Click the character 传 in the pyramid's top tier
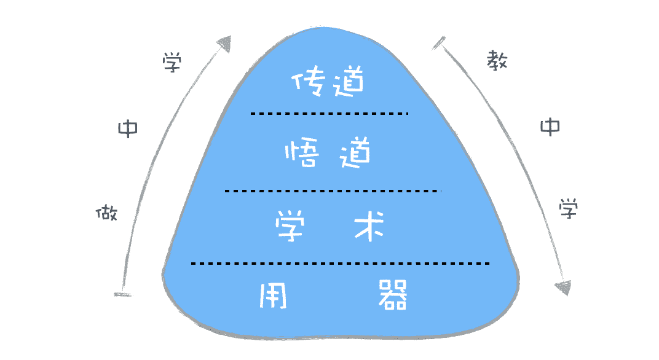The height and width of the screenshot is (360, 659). click(x=307, y=82)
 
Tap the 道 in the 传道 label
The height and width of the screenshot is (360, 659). click(x=346, y=82)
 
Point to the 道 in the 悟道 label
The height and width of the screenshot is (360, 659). click(x=355, y=153)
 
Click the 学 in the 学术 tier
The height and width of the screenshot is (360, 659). click(x=292, y=225)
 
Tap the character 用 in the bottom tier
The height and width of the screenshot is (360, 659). click(x=274, y=295)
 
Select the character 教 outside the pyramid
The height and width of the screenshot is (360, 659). click(x=496, y=60)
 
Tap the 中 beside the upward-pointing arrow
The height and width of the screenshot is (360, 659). click(x=128, y=128)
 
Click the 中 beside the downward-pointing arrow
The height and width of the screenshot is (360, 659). click(x=550, y=127)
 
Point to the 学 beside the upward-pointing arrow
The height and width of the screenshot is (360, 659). click(x=172, y=63)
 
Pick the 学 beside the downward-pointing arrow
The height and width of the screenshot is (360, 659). click(x=568, y=209)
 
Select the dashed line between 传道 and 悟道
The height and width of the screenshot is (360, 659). click(x=329, y=114)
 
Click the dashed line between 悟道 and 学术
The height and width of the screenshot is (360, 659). click(x=332, y=191)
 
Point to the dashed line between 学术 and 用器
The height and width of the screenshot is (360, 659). click(x=340, y=264)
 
